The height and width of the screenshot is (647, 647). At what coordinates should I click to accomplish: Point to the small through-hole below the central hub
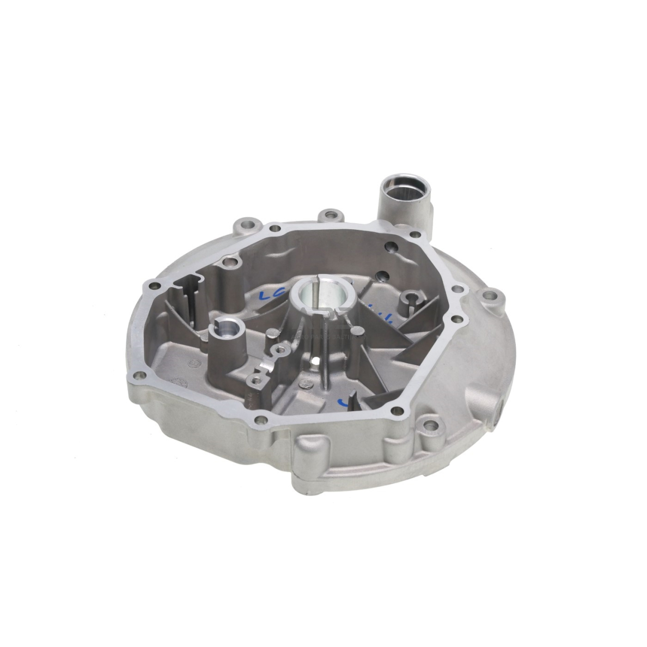pos(316,361)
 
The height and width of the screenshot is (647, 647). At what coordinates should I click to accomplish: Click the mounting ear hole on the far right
pos(491,296)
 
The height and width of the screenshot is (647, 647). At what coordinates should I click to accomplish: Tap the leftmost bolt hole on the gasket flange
pos(152,284)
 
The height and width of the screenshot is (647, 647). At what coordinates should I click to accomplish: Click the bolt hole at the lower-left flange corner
pos(142,375)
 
